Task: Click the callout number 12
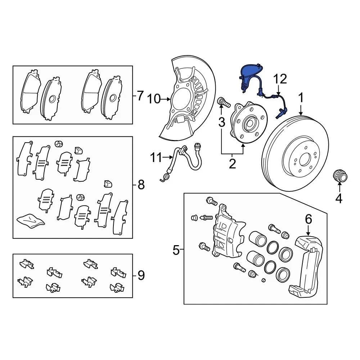point(280,79)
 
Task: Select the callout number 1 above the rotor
point(301,97)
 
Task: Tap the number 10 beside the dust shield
point(154,99)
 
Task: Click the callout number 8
point(141,184)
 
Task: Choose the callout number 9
point(141,275)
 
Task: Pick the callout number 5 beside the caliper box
point(176,250)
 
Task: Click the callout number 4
point(339,198)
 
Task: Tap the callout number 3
point(221,122)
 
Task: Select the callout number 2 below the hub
point(232,164)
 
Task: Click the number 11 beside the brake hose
point(157,158)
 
